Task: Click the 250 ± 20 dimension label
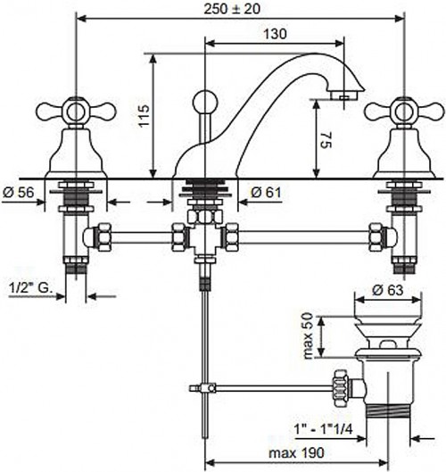tap(232, 9)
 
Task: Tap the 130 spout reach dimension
tap(275, 34)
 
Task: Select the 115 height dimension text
tap(145, 116)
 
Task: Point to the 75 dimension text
tap(326, 140)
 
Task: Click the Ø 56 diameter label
tap(19, 192)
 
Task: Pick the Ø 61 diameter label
tap(266, 192)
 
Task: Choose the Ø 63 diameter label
tap(387, 290)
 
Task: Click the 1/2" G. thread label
tap(30, 288)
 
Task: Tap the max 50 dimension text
tap(308, 335)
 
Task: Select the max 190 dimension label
tap(296, 452)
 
